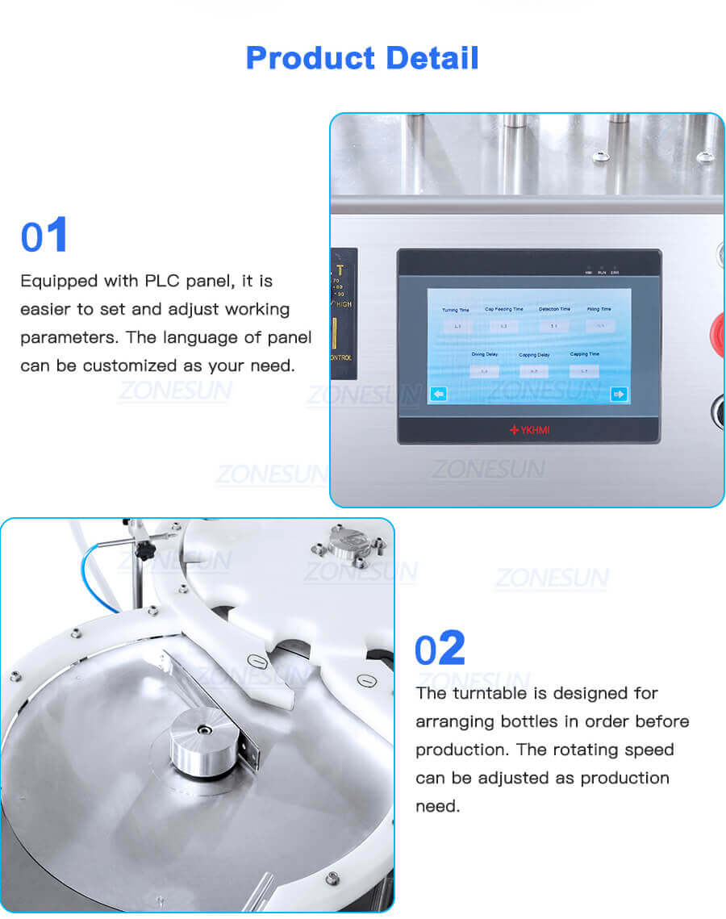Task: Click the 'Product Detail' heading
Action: pyautogui.click(x=362, y=58)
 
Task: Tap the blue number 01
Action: pyautogui.click(x=44, y=236)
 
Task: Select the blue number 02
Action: pyautogui.click(x=440, y=648)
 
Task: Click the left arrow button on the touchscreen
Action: pyautogui.click(x=438, y=395)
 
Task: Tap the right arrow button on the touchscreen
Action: pyautogui.click(x=619, y=395)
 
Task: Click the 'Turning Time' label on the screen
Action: pyautogui.click(x=456, y=310)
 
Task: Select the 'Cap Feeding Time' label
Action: pyautogui.click(x=503, y=309)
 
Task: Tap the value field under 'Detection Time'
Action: pyautogui.click(x=554, y=326)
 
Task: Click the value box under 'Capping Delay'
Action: pyautogui.click(x=533, y=371)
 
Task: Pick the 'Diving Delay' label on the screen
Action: pyautogui.click(x=484, y=355)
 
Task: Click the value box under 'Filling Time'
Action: pyautogui.click(x=600, y=326)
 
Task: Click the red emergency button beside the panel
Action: pyautogui.click(x=716, y=330)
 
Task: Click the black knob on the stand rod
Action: pyautogui.click(x=145, y=551)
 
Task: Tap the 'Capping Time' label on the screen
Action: pyautogui.click(x=584, y=354)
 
